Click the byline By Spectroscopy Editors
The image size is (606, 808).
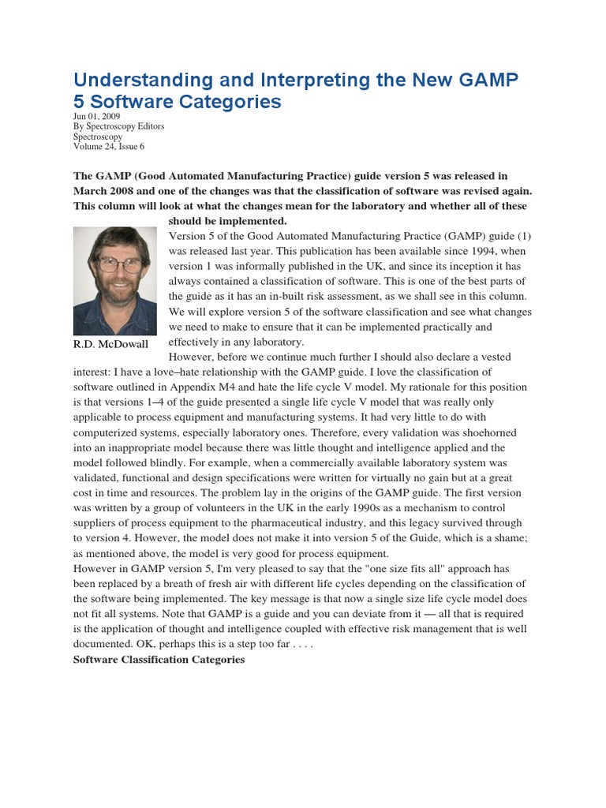118,126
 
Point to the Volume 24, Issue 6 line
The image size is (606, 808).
109,146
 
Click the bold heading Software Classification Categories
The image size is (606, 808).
159,659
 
